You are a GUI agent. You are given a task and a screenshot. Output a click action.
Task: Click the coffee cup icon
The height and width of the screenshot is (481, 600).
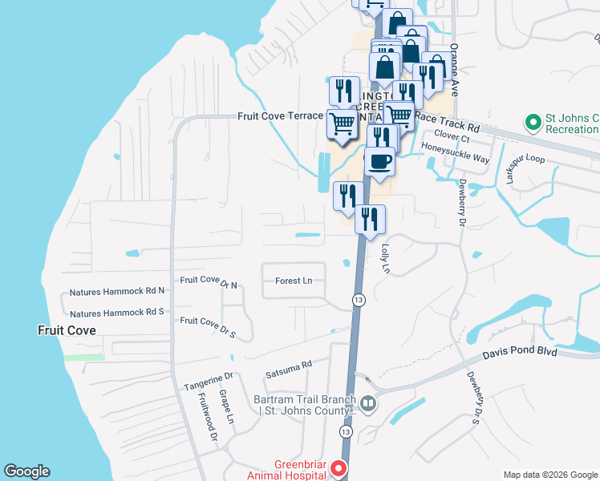click(380, 161)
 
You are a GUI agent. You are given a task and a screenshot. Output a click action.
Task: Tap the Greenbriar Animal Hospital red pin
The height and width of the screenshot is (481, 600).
click(339, 468)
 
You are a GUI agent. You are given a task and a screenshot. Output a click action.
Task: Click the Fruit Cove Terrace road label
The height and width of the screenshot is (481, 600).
click(280, 116)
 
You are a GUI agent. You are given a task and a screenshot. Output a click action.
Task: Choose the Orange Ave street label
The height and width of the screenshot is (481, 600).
click(453, 70)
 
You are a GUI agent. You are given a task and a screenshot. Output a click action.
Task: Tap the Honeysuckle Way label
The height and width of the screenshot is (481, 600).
click(455, 158)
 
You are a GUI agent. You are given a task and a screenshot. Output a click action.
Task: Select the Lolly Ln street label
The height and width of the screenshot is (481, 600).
click(385, 260)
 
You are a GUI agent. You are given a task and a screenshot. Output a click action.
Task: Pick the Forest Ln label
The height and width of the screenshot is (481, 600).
click(294, 281)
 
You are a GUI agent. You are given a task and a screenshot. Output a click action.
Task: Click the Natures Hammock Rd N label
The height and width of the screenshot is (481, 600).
click(117, 291)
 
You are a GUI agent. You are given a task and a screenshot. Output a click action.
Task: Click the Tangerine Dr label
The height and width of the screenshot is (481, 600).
click(208, 375)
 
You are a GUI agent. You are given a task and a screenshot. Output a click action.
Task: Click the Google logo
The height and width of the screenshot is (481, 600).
click(26, 471)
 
